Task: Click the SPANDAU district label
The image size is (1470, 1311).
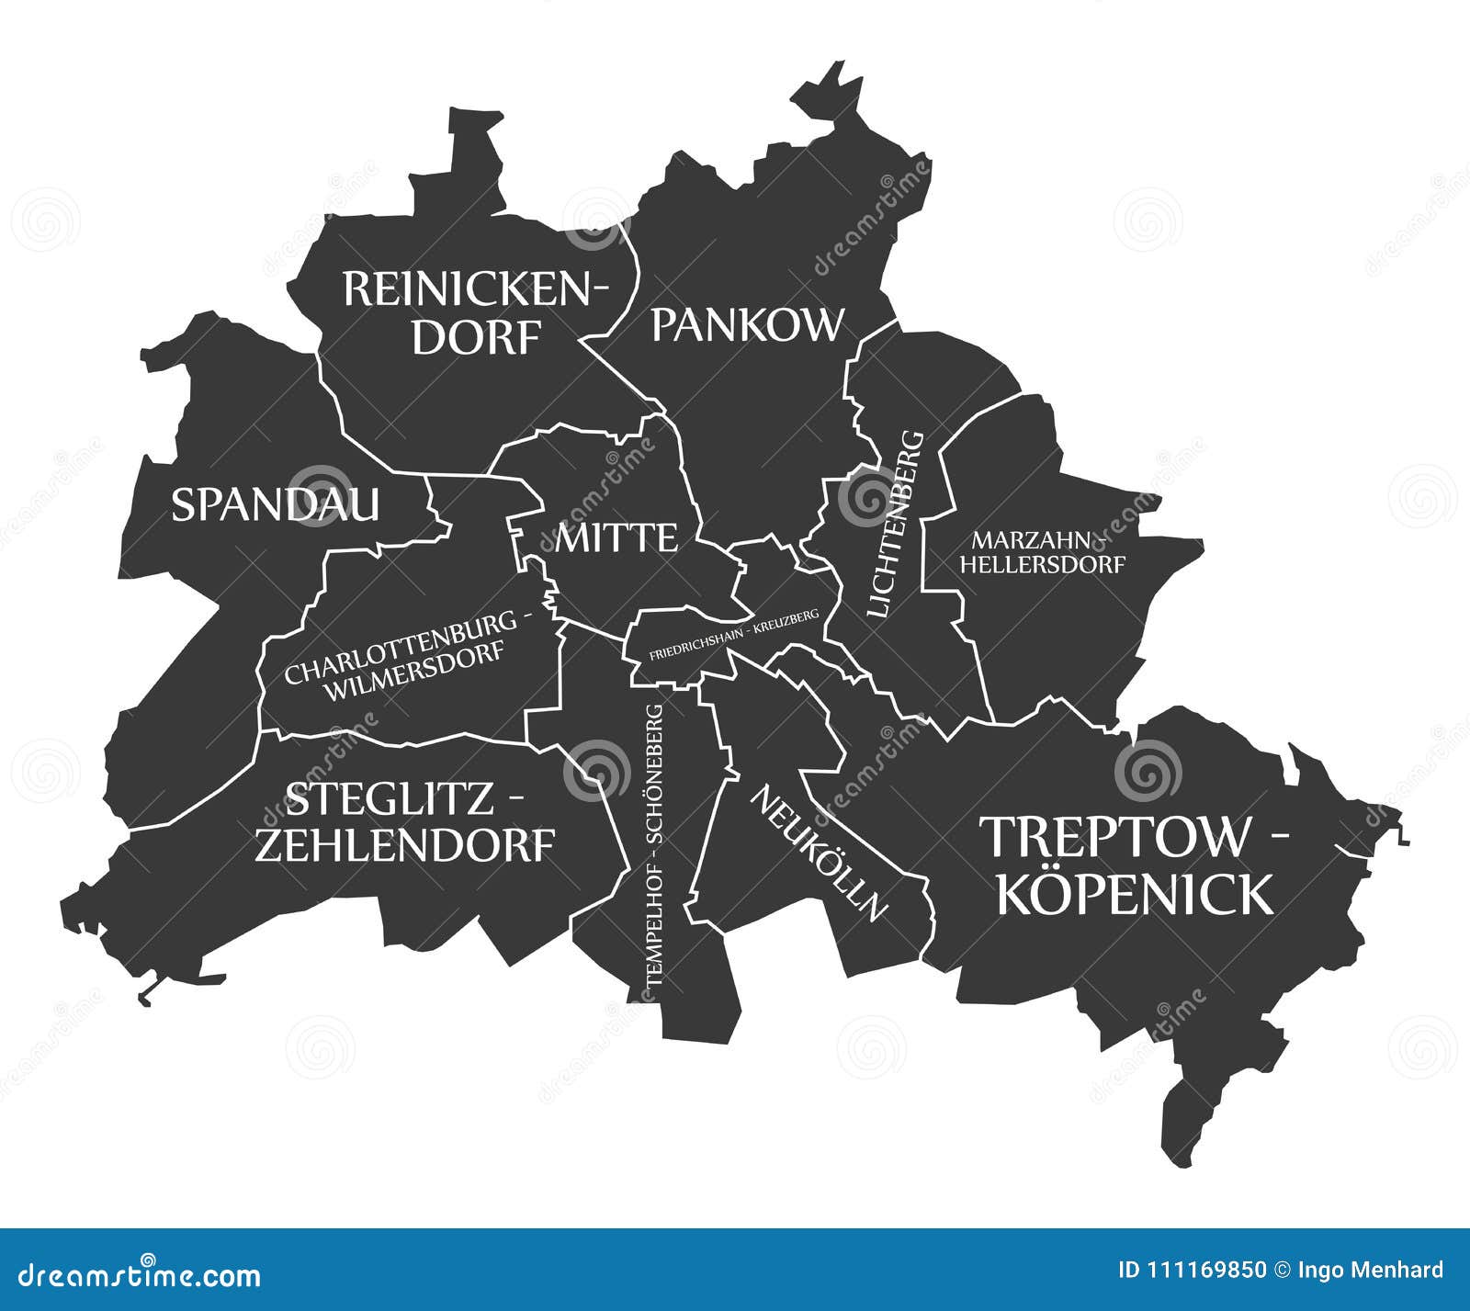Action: coord(275,505)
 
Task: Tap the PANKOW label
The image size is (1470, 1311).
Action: coord(747,325)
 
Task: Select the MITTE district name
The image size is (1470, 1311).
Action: coord(616,538)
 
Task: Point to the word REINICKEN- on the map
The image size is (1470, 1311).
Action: coord(475,290)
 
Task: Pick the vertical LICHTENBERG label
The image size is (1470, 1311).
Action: coord(895,524)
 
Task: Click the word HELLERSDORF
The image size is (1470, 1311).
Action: coord(1042,564)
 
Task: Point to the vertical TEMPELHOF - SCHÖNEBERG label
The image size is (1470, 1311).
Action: coord(653,845)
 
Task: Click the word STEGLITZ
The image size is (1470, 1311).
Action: coord(390,799)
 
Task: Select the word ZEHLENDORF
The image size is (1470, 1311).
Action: coord(404,845)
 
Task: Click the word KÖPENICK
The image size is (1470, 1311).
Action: coord(1135,894)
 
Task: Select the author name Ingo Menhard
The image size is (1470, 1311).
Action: coord(1371,1271)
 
